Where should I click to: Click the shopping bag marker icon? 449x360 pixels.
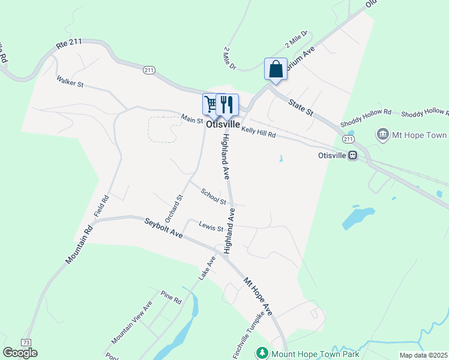click(276, 69)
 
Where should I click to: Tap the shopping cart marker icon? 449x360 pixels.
click(211, 104)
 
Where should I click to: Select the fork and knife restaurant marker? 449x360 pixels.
click(228, 104)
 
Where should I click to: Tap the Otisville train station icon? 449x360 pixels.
click(353, 155)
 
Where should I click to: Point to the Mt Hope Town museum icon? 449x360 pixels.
click(383, 134)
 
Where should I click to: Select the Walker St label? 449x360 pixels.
click(70, 81)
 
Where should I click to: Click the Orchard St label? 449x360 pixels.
click(173, 207)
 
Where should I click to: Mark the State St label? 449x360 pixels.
click(301, 109)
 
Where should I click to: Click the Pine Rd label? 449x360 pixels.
click(170, 297)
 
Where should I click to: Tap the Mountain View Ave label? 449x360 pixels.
click(132, 323)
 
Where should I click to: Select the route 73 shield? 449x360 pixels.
click(26, 342)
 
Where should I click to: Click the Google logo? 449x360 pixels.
click(20, 353)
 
